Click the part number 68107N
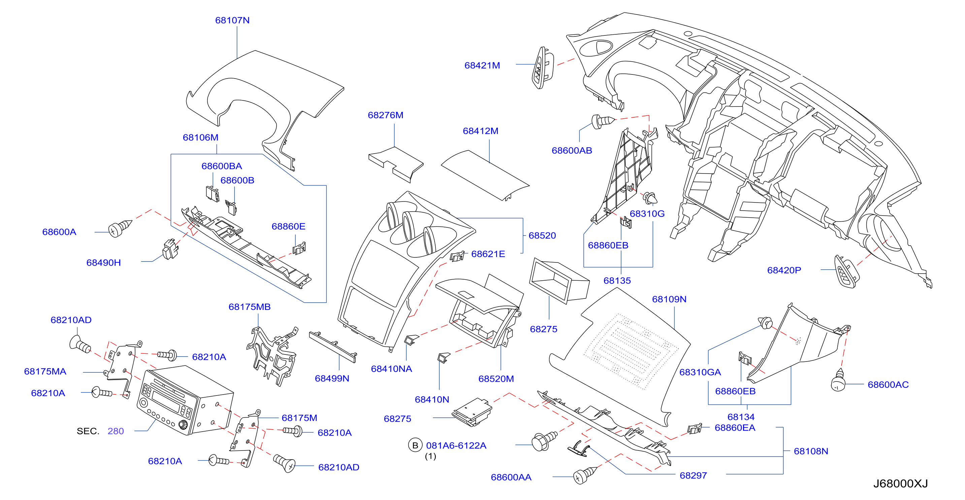232,20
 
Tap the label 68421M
482,65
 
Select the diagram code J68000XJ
901,483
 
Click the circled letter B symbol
415,445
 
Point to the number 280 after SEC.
116,431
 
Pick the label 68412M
481,131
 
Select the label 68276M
385,115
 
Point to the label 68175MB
250,307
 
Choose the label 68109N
669,299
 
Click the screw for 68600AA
585,475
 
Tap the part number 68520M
496,379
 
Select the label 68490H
103,263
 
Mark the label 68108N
811,451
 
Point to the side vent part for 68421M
542,68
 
